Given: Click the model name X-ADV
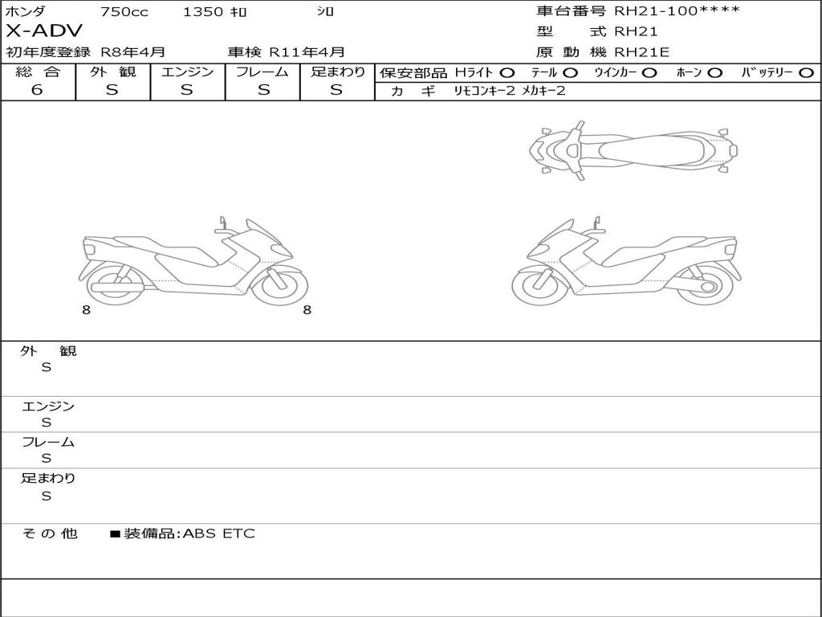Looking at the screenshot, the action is click(44, 31).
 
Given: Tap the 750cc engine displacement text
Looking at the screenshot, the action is click(124, 11).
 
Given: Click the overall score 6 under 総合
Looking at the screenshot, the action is click(37, 89).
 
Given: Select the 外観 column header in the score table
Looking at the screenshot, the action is click(112, 72).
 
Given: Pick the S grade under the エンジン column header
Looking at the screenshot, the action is click(187, 90).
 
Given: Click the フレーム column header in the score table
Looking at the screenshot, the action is click(262, 72).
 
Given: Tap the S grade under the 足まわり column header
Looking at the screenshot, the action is click(336, 90).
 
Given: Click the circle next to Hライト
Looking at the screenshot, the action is click(507, 73).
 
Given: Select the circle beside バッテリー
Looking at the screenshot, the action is click(806, 73).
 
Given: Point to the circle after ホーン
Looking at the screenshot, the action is click(715, 73).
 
